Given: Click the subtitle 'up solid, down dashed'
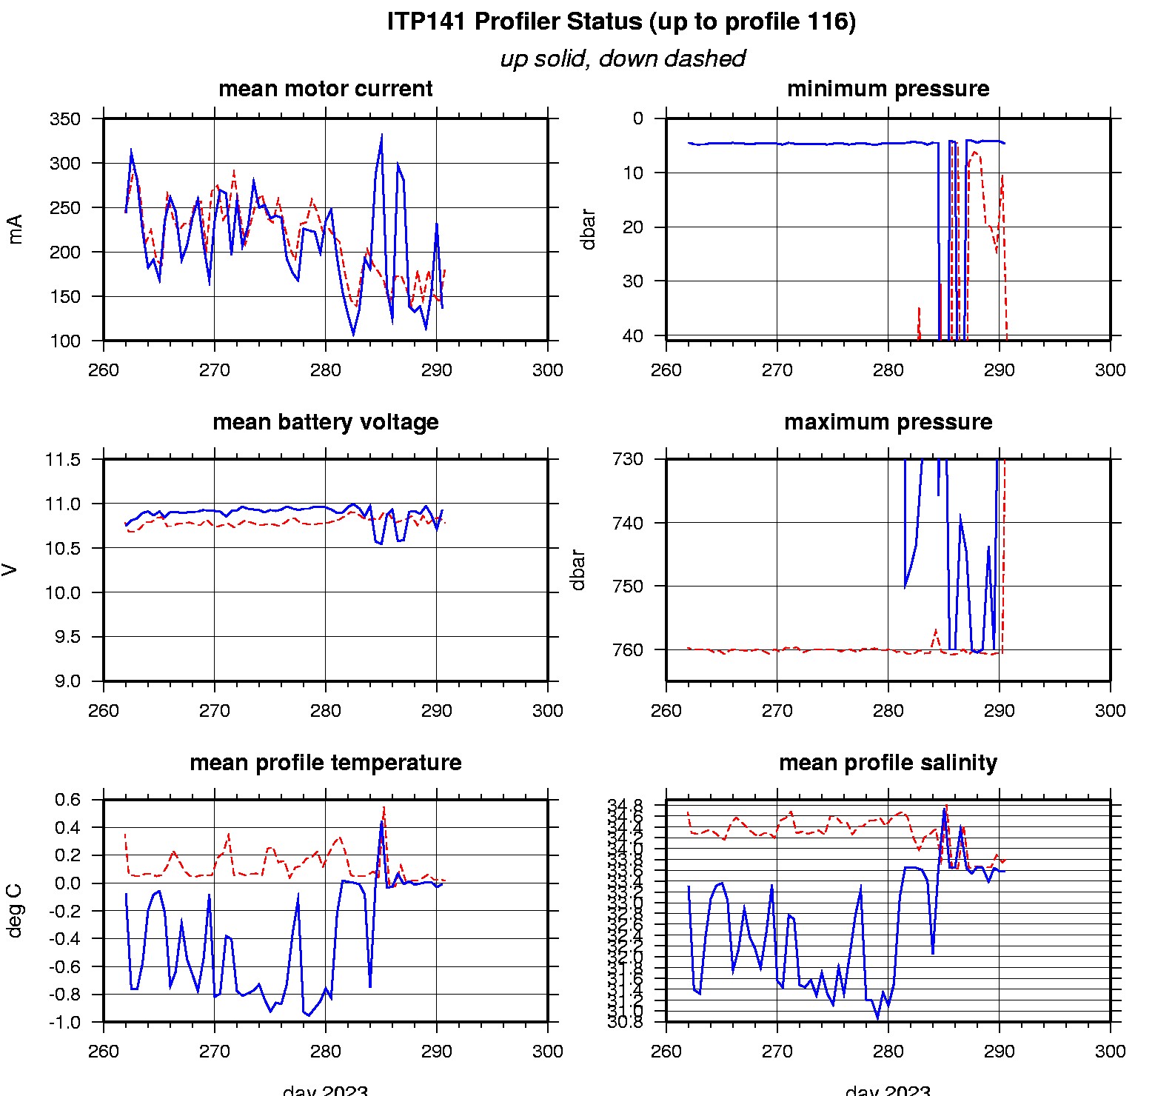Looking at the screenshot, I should point(622,59).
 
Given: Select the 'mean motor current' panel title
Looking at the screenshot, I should point(325,89).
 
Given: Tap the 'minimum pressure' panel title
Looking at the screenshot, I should point(888,89).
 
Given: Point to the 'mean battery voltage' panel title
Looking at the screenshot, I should point(325,422).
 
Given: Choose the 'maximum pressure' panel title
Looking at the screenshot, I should point(888,422).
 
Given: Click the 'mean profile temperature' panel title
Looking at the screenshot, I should point(325,763).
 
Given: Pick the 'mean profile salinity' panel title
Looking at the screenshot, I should point(888,763).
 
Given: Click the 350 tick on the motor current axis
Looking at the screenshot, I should point(65,119).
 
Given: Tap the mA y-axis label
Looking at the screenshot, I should point(15,229).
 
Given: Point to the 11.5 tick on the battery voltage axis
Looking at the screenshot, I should point(63,460).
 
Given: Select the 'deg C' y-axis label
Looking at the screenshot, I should point(15,911).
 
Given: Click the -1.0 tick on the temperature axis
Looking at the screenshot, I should point(67,1023).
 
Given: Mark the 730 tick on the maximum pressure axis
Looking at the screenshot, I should point(628,459).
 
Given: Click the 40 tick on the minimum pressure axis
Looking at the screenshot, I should point(633,335).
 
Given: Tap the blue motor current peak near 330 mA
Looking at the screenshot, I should point(381,136).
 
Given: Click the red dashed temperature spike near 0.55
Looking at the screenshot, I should point(384,807).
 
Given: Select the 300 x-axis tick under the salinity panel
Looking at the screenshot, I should point(1110,1052).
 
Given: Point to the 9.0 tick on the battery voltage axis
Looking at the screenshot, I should point(67,681).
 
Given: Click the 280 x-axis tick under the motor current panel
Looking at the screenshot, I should point(325,370).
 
